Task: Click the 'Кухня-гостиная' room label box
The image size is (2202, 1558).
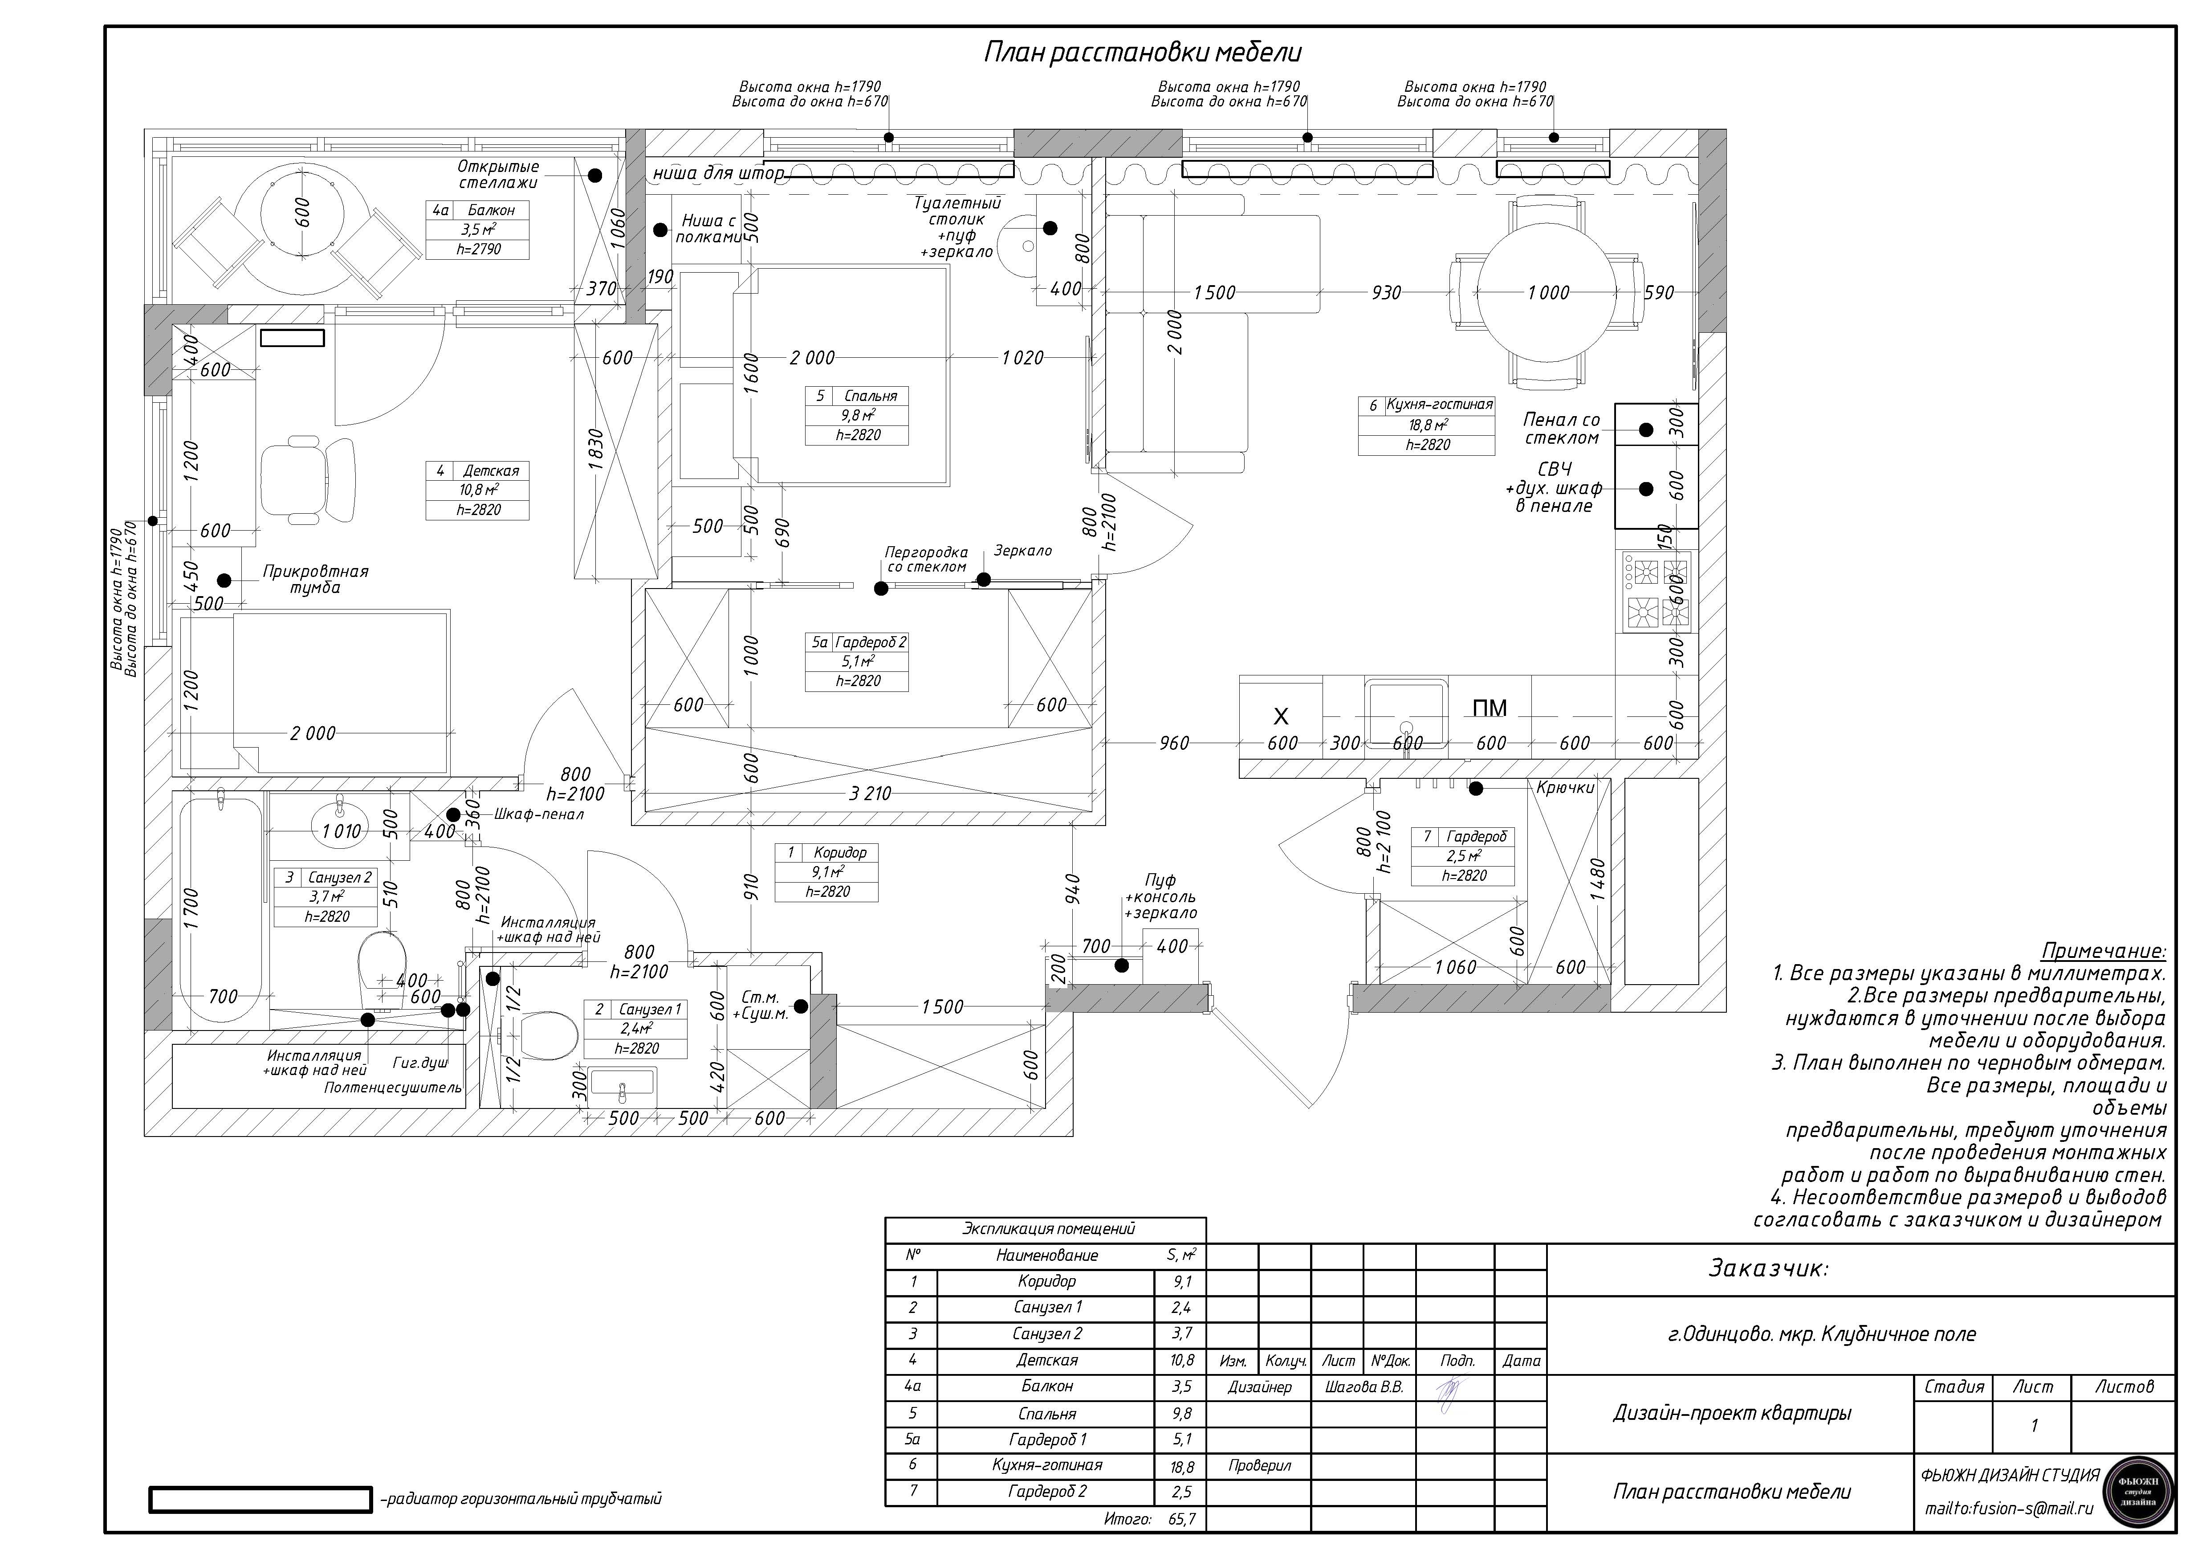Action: pyautogui.click(x=1426, y=425)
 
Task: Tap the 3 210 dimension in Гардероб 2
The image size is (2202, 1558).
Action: pyautogui.click(x=870, y=793)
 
